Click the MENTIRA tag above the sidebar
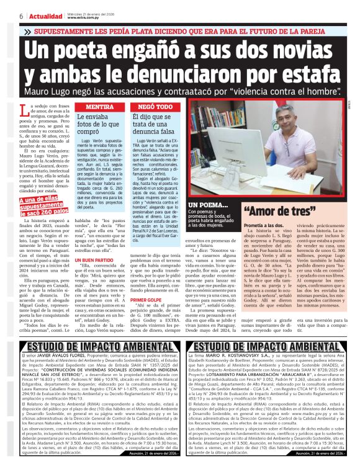point(95,107)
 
